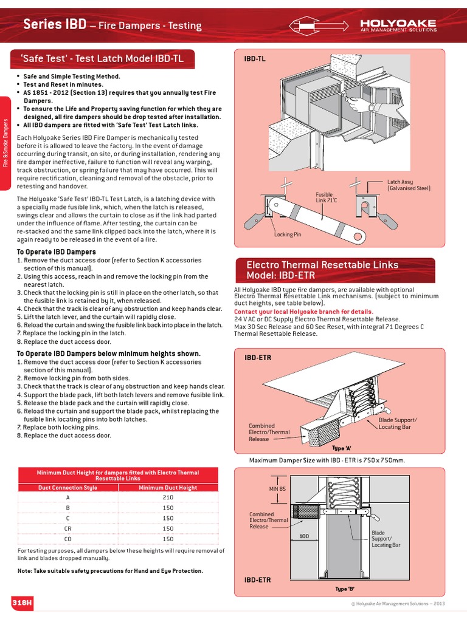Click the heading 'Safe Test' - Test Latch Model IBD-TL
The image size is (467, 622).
coord(102,59)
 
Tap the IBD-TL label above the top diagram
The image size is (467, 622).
coord(254,59)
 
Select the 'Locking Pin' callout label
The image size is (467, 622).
coord(287,234)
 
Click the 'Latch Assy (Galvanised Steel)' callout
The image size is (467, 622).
coord(409,185)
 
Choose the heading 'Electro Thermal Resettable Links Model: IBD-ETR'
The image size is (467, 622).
coord(322,270)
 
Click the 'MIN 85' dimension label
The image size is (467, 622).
coord(277,488)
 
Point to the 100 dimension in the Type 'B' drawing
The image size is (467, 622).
coord(305,536)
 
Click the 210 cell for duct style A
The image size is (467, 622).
coord(168,497)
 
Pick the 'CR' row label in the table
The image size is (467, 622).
coord(67,528)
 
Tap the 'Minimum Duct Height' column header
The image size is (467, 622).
coord(168,487)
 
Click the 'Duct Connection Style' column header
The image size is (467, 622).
coord(67,487)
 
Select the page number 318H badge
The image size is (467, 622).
coord(22,601)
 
